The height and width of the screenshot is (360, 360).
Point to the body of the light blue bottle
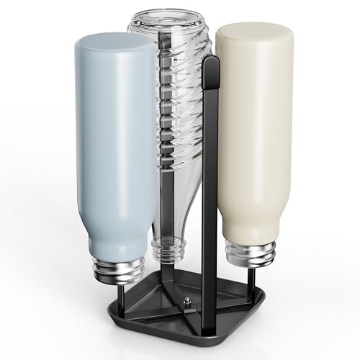point(115,144)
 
